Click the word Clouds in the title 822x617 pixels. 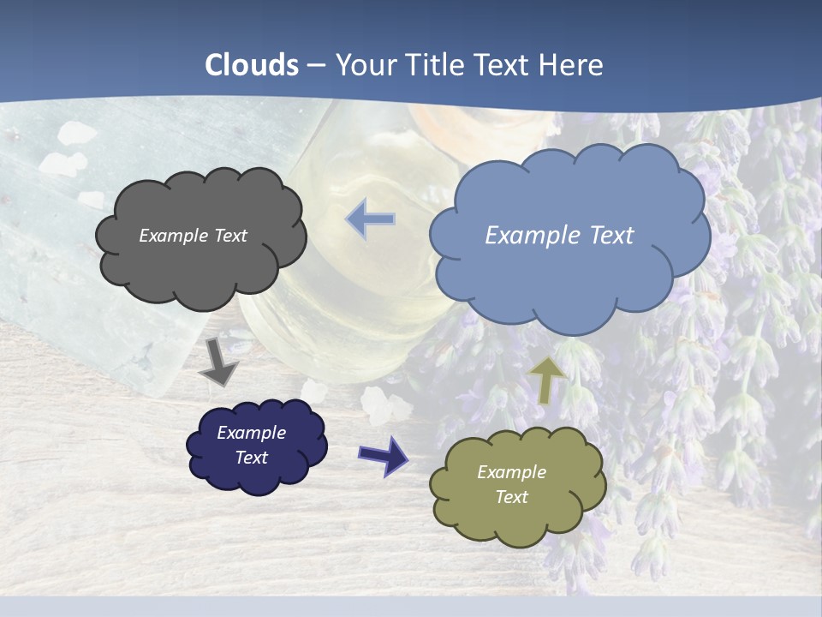(x=252, y=65)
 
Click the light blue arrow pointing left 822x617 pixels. (x=371, y=219)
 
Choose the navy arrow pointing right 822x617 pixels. (x=383, y=455)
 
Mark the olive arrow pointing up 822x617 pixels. (x=545, y=380)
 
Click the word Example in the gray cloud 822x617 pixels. (x=172, y=236)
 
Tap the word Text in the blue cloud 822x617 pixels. (x=611, y=236)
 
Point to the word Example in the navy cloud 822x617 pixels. (x=251, y=433)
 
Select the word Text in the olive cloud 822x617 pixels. (x=511, y=497)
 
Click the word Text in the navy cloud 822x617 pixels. (x=251, y=458)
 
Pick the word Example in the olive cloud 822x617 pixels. (x=511, y=472)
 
